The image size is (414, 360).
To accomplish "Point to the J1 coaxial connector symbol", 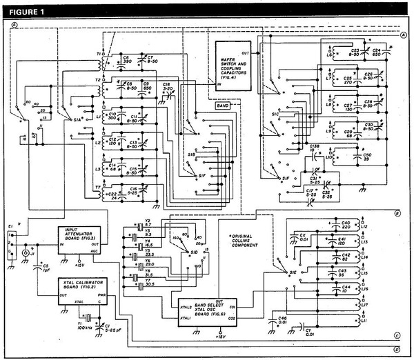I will tap(26, 253).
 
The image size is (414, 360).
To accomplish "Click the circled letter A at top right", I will tap(402, 34).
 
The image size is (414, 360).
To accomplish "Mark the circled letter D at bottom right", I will tap(397, 349).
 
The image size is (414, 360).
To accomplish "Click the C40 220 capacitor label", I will tap(346, 224).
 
